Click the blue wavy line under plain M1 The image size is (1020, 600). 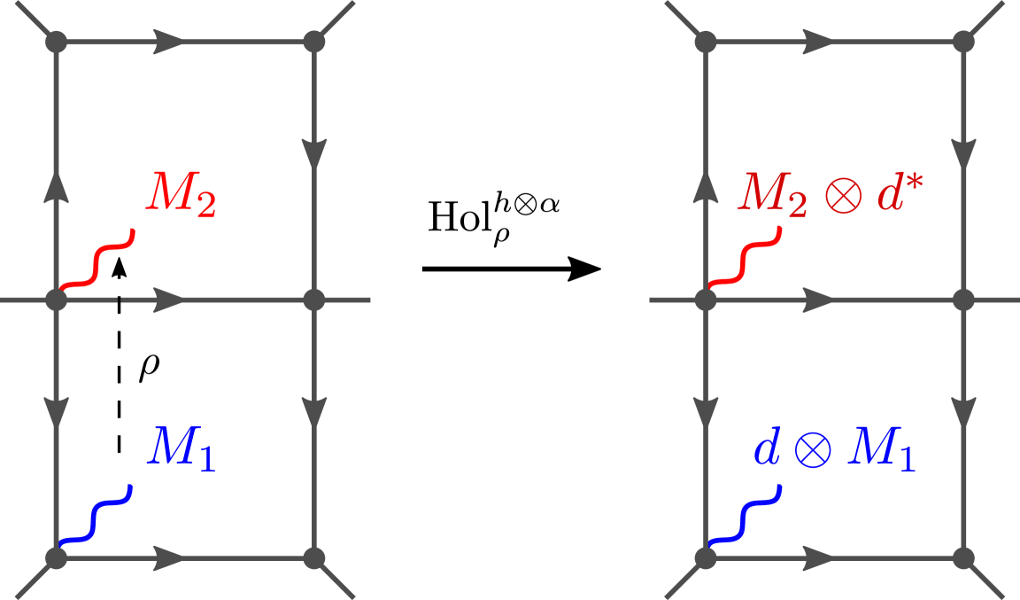(x=95, y=516)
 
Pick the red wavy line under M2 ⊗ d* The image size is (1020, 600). (x=745, y=260)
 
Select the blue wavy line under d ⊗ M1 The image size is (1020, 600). (x=744, y=516)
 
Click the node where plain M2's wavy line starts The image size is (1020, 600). (x=57, y=300)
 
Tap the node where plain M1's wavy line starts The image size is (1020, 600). (x=57, y=557)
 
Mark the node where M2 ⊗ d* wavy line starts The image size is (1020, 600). (x=705, y=300)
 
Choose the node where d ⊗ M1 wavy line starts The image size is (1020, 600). (x=705, y=557)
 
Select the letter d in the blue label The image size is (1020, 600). (x=766, y=449)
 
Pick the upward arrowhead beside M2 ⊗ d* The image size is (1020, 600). (x=705, y=184)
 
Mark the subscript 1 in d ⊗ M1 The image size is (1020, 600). (x=905, y=460)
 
